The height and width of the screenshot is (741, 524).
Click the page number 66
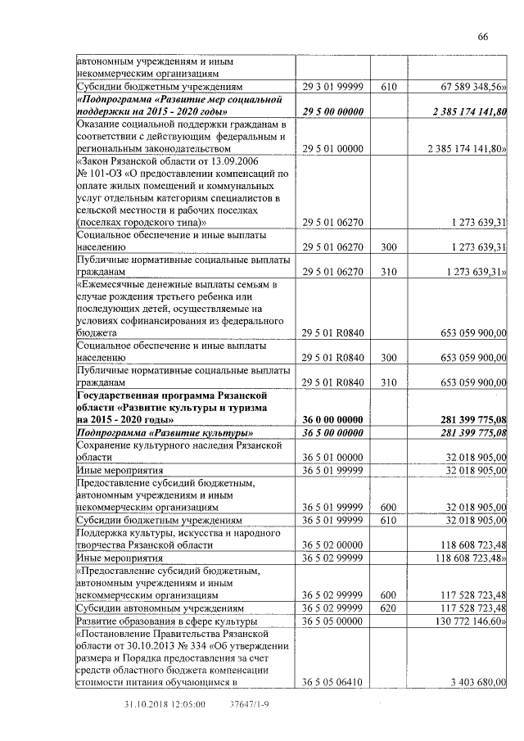pyautogui.click(x=483, y=37)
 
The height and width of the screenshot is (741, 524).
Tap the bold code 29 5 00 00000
pyautogui.click(x=332, y=111)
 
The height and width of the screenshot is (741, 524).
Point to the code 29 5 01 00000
pyautogui.click(x=332, y=149)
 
